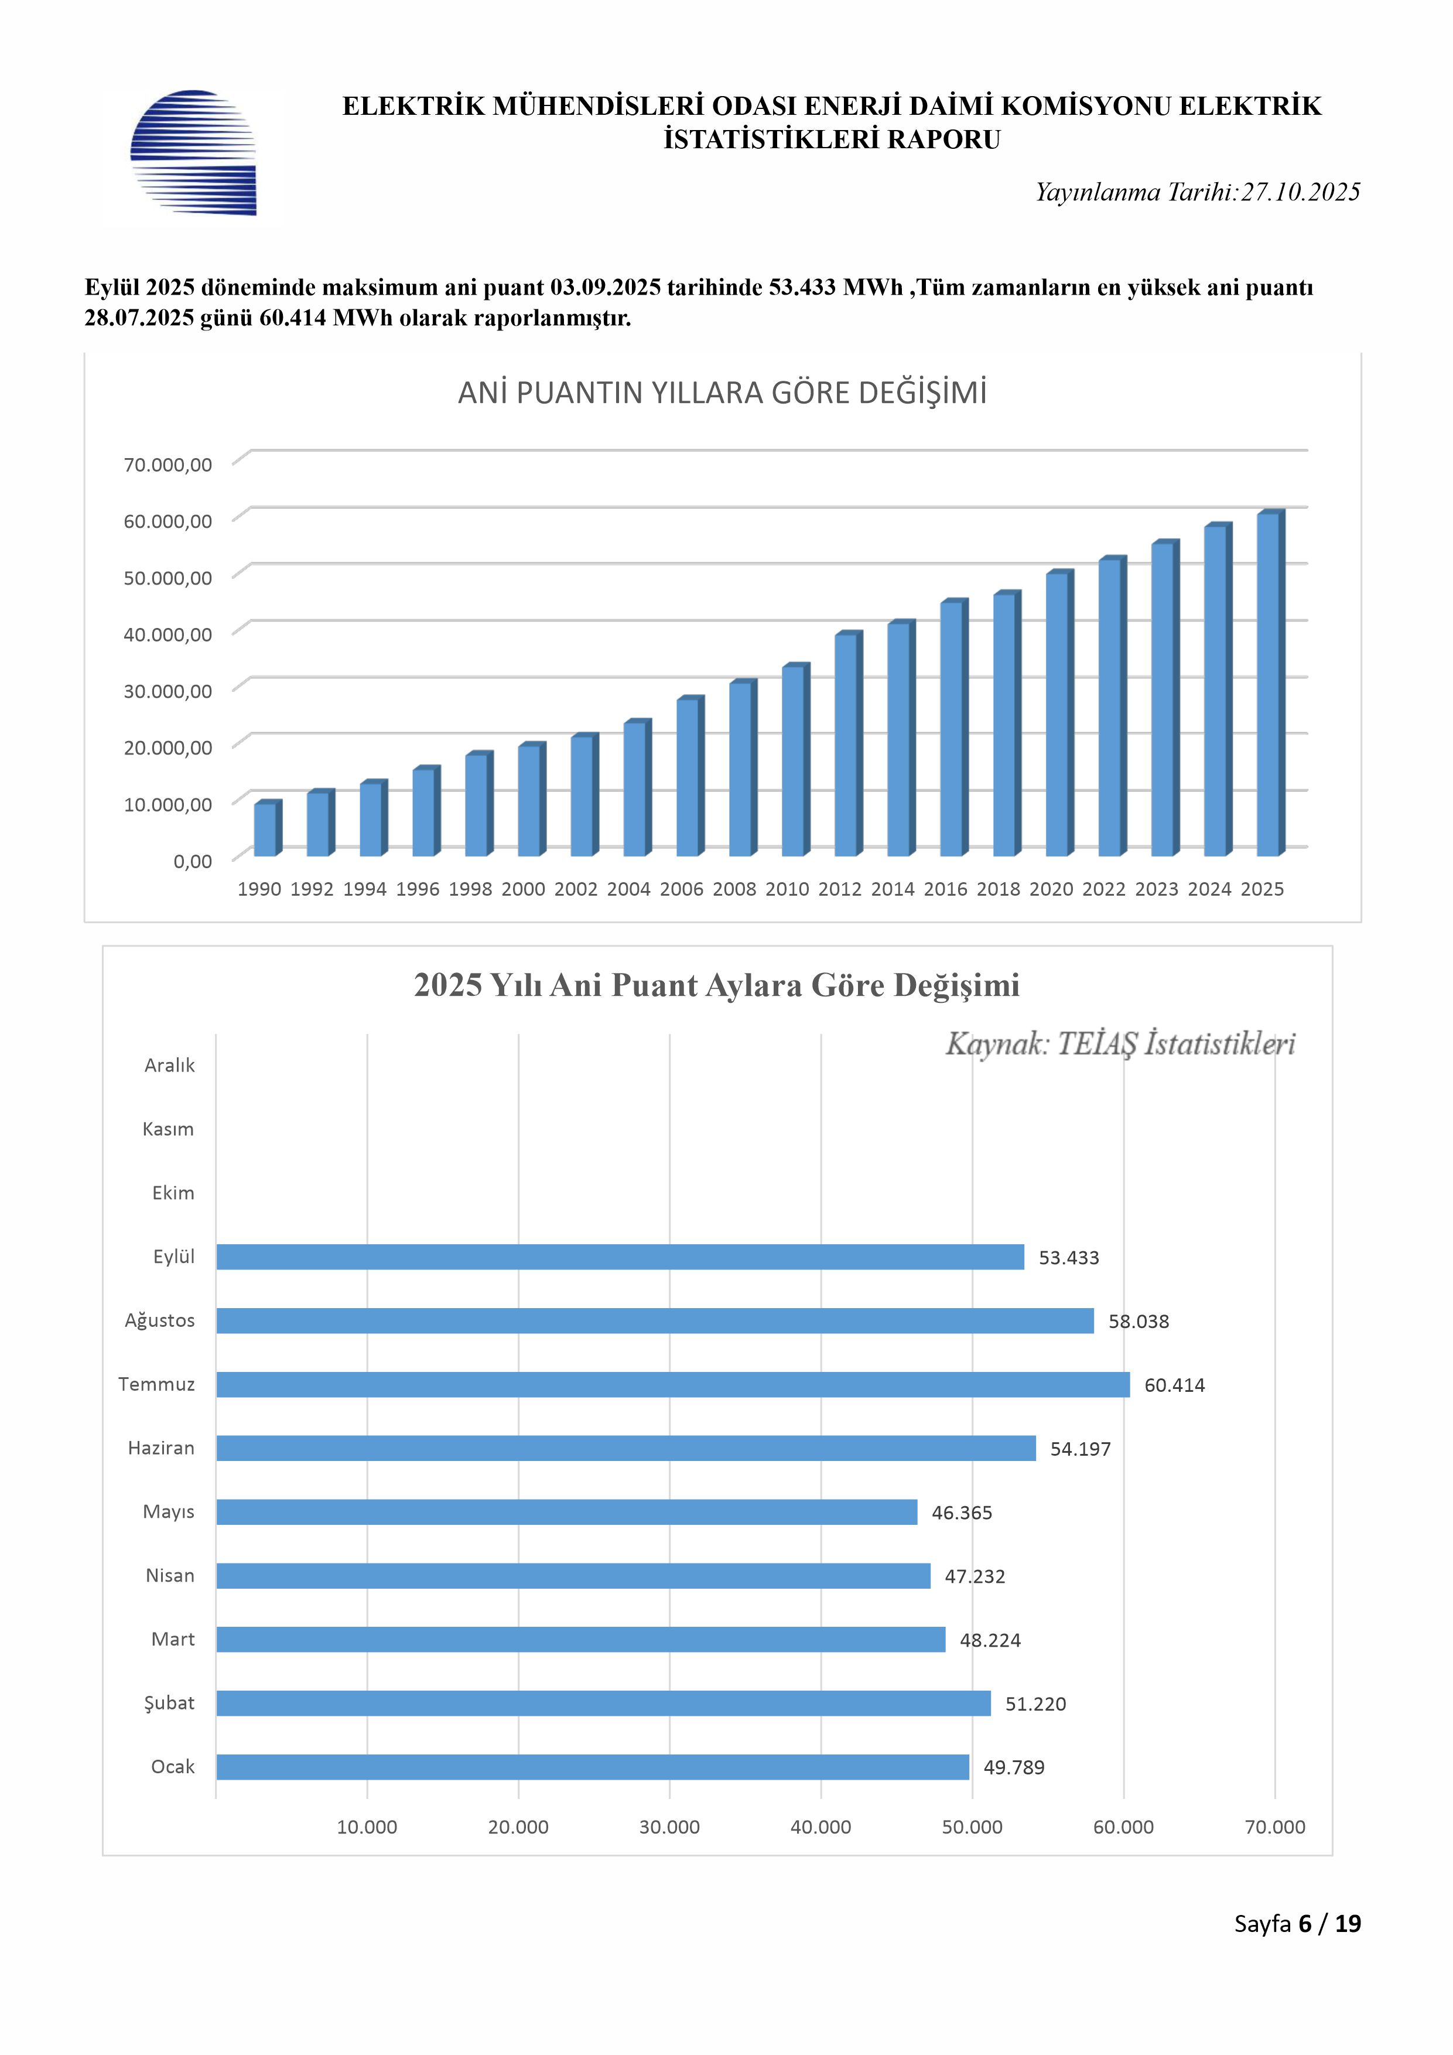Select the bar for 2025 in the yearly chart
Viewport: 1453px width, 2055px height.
[1269, 685]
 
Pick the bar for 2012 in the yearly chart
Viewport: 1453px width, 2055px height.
[846, 745]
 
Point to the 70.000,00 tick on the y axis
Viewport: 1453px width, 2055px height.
[168, 465]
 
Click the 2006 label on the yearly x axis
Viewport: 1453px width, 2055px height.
[682, 889]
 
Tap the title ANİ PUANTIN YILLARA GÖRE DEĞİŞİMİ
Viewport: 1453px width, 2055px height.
[722, 393]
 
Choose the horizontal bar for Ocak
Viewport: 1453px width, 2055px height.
[592, 1767]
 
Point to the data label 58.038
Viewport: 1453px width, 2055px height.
[1138, 1321]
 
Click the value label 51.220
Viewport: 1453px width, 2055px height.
[1035, 1704]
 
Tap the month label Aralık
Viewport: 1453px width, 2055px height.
[169, 1065]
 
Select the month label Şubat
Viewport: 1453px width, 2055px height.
[169, 1702]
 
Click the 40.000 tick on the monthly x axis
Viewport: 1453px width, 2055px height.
[820, 1827]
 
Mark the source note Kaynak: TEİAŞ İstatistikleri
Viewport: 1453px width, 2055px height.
[1120, 1044]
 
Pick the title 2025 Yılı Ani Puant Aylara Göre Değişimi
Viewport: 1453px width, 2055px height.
[717, 985]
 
